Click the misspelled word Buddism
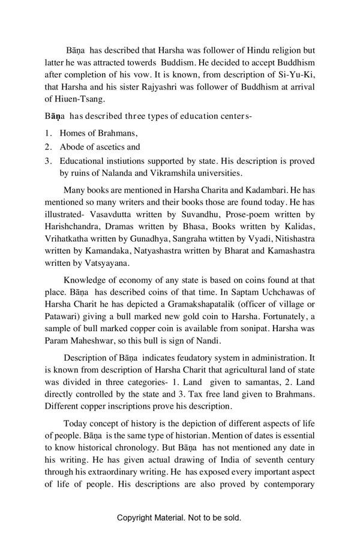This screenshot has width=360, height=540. [175, 62]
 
